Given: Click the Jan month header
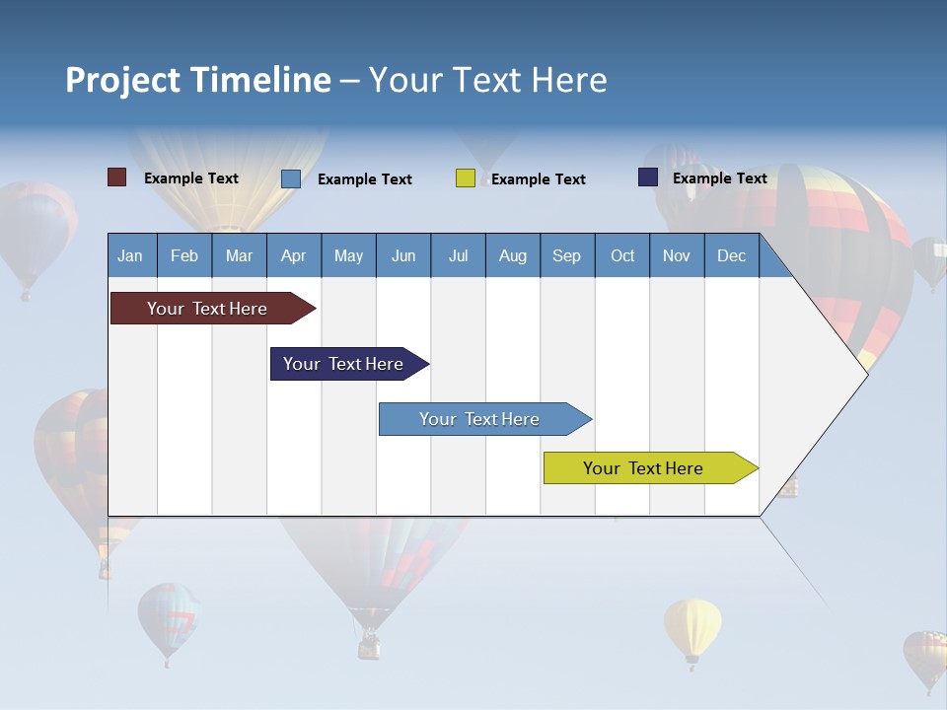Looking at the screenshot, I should point(130,255).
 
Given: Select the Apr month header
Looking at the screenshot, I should point(293,255).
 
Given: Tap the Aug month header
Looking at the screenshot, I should point(512,255).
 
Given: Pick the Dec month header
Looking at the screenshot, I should point(731,255).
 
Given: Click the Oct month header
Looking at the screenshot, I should point(621,255).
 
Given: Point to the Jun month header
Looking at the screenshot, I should point(402,255).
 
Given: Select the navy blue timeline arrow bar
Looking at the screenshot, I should point(344,364).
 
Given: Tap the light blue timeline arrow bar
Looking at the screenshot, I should point(480,419).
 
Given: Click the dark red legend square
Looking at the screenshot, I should point(116,177).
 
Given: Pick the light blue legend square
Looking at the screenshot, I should point(290,178).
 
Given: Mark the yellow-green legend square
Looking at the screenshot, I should point(465,178).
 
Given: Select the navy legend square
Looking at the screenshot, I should point(647,177).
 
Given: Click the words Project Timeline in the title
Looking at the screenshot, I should point(197,80).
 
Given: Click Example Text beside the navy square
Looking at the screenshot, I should point(719,178).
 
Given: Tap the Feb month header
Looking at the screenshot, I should point(183,255).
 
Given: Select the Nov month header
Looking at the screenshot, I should point(676,255).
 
